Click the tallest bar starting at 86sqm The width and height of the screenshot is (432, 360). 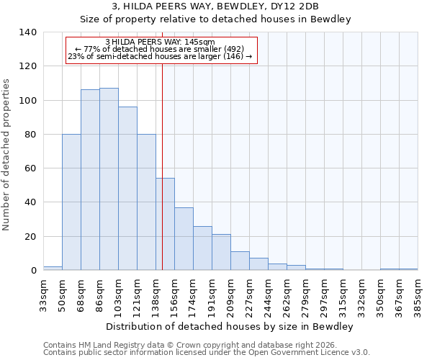point(109,179)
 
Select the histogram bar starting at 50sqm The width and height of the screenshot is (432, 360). point(71,202)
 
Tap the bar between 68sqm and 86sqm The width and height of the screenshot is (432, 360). point(90,180)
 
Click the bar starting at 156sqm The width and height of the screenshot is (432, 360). point(184,239)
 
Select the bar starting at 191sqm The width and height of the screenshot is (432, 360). point(221,252)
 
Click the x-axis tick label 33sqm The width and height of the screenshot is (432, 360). point(43,292)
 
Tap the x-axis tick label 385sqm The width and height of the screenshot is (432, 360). point(418,294)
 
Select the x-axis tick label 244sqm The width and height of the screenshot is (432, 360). point(268,294)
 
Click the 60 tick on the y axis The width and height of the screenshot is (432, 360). point(30,168)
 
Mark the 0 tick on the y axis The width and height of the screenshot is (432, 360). point(33,271)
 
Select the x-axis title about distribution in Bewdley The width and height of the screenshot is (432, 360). point(229,327)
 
